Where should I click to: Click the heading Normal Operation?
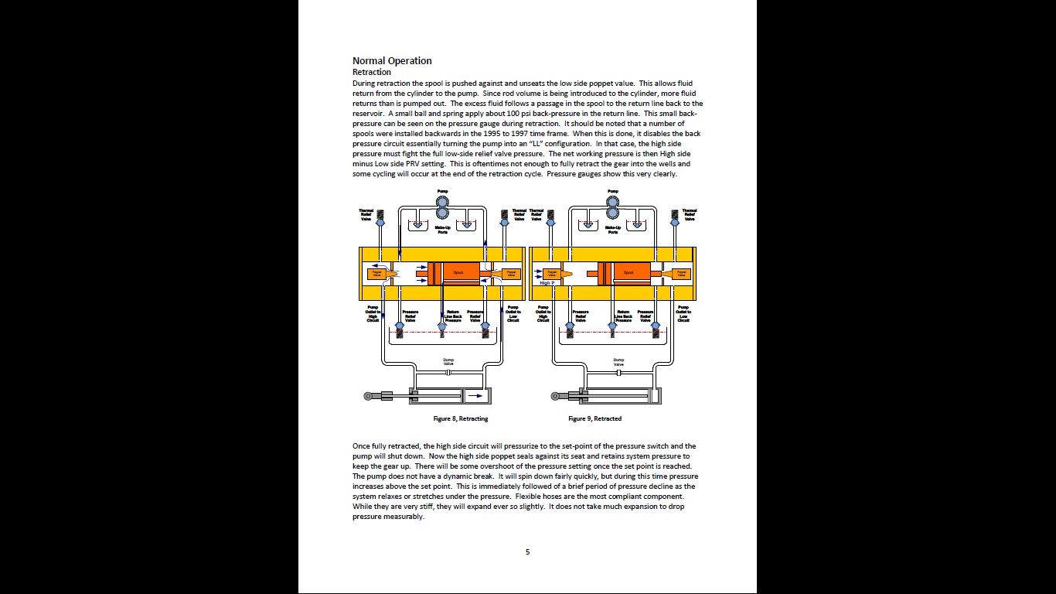pos(392,61)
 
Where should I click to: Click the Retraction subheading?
pos(372,72)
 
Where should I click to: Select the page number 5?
pos(528,552)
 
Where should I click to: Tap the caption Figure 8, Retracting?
pos(460,418)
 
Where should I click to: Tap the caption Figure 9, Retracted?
pos(594,418)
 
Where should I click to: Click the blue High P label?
pos(546,283)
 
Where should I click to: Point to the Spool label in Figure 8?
pos(458,273)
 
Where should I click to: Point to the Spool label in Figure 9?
pos(628,273)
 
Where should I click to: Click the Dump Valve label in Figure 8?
pos(448,361)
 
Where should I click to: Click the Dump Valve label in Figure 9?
pos(618,361)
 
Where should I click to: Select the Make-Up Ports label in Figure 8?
pos(442,230)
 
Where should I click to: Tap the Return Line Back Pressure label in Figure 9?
pos(623,316)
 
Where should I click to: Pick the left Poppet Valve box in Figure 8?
pos(377,273)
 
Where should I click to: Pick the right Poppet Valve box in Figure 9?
pos(681,273)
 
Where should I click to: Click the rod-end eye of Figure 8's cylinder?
pos(368,396)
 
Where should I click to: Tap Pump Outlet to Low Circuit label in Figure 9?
pos(683,313)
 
